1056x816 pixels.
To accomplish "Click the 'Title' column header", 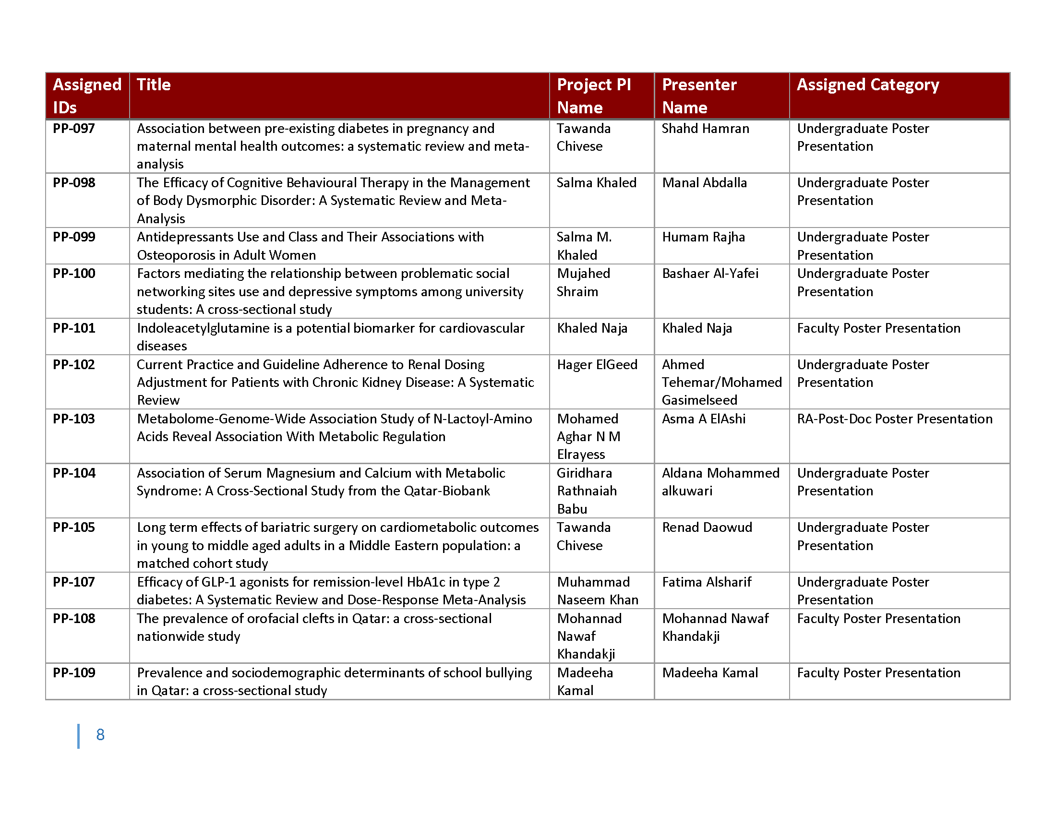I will pos(154,85).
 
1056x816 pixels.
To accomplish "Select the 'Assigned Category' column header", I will pos(867,85).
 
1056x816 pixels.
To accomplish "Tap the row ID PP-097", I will pos(74,129).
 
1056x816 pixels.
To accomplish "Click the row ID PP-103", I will pos(74,419).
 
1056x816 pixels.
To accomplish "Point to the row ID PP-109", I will pos(74,672).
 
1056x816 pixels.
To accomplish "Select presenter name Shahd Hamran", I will pos(705,129).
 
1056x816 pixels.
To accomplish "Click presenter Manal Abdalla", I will pos(704,183).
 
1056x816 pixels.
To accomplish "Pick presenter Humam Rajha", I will pos(703,237).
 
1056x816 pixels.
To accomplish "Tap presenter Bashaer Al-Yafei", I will pos(710,274).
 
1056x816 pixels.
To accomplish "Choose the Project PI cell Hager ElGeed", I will pos(597,364).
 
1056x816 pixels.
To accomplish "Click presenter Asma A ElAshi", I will pos(703,419).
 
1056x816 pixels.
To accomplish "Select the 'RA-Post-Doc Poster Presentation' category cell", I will pos(894,419).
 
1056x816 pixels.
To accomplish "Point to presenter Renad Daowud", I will pos(707,528).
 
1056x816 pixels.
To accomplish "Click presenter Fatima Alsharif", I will pos(707,582).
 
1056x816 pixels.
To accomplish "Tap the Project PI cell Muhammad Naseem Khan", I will pos(597,591).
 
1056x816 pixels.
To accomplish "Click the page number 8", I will pos(100,735).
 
